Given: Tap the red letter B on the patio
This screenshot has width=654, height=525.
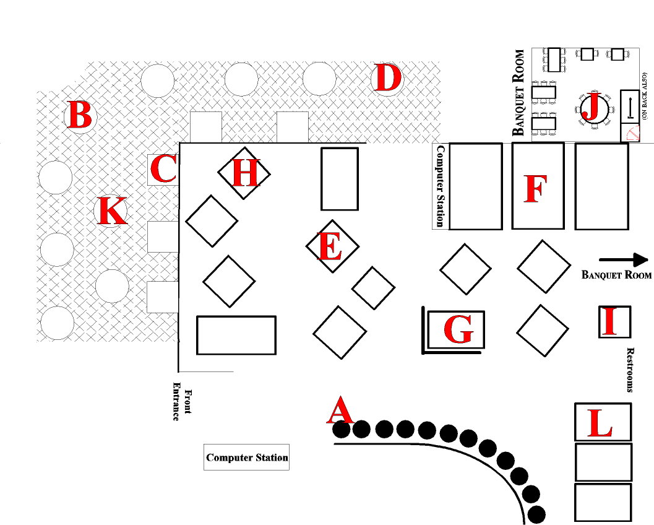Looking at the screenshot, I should (x=80, y=116).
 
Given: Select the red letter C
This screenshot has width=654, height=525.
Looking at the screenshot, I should (x=163, y=169).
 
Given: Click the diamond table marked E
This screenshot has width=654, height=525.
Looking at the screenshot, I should (x=329, y=246).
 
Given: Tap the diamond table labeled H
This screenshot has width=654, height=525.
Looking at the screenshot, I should (x=244, y=173).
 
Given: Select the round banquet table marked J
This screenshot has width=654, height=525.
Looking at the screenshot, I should (x=592, y=108).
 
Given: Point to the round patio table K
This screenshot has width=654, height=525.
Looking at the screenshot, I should (x=111, y=211).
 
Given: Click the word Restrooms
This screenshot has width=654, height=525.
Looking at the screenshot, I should (x=630, y=370).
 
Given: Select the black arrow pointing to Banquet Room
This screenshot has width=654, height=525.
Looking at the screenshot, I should (x=622, y=260).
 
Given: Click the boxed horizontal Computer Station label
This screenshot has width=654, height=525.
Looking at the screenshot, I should (x=247, y=458).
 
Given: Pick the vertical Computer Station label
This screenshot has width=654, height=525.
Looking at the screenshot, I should (x=441, y=186).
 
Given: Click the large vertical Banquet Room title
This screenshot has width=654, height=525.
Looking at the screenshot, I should (x=518, y=92).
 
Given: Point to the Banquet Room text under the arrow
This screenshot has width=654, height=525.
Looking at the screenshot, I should (x=616, y=275).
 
